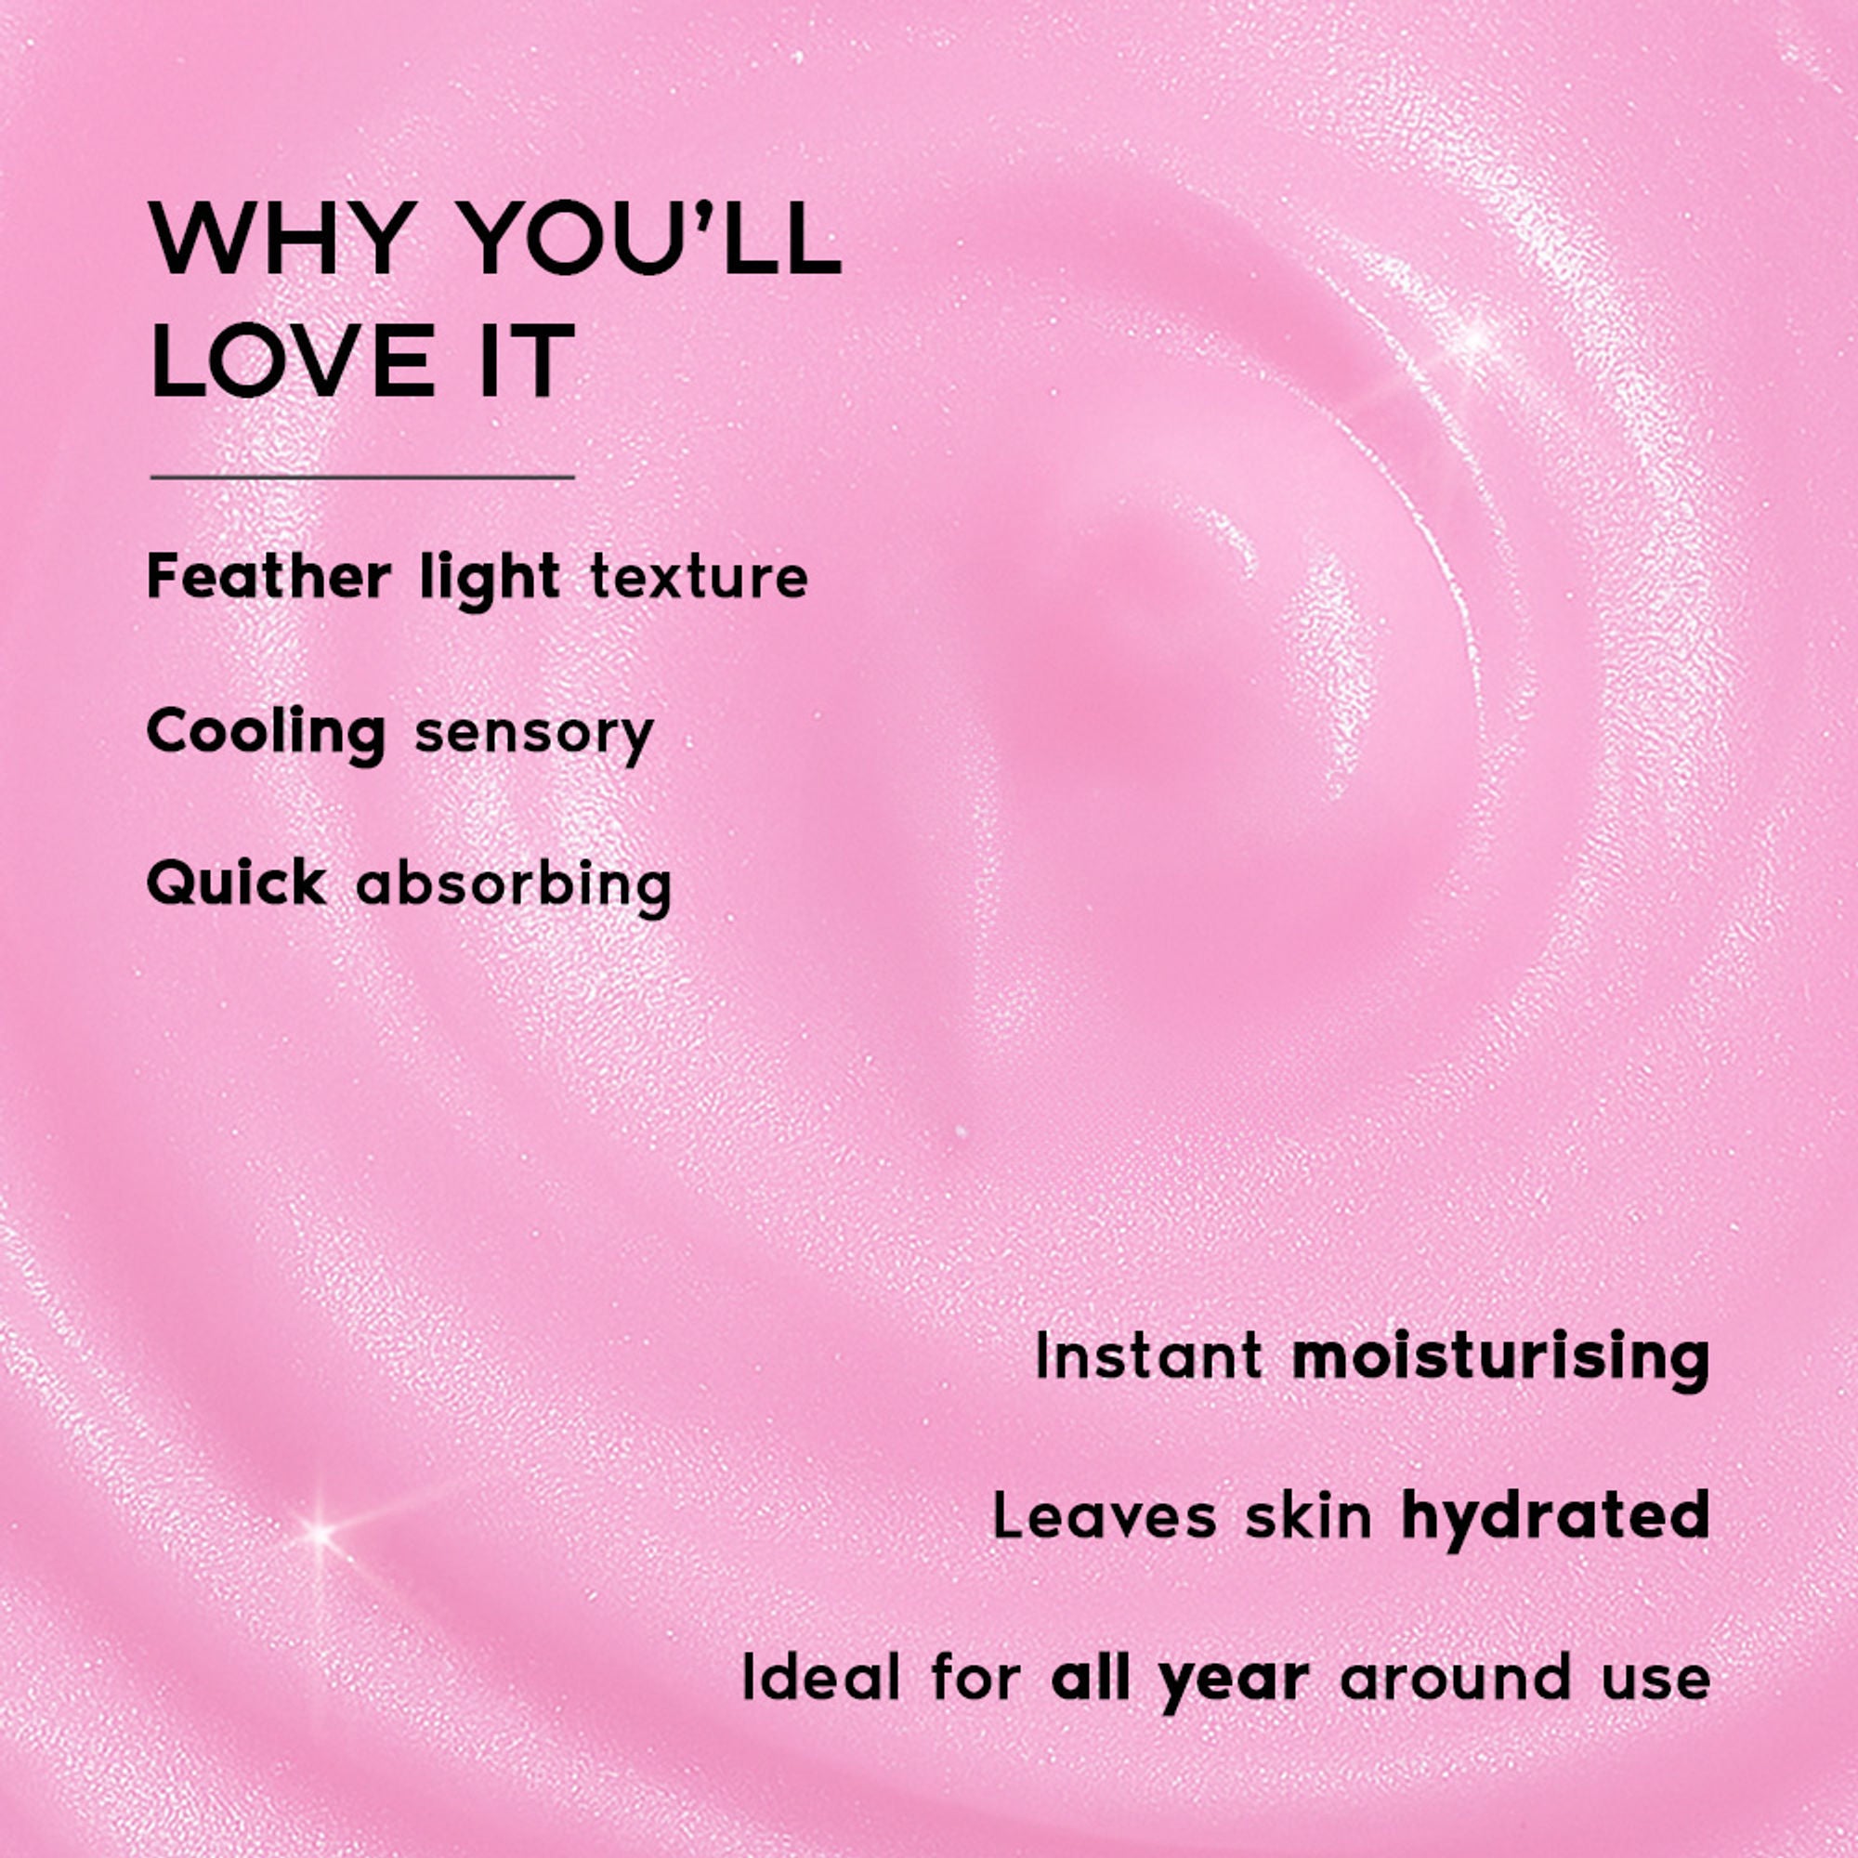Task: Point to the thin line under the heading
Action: tap(362, 477)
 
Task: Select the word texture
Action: tap(700, 579)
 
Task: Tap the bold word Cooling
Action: tap(267, 735)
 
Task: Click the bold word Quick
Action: tap(237, 883)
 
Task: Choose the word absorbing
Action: tap(514, 885)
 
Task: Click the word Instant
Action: tap(1149, 1357)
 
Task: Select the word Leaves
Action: tap(1104, 1517)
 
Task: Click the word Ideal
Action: tap(821, 1677)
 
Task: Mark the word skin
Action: tap(1309, 1517)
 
